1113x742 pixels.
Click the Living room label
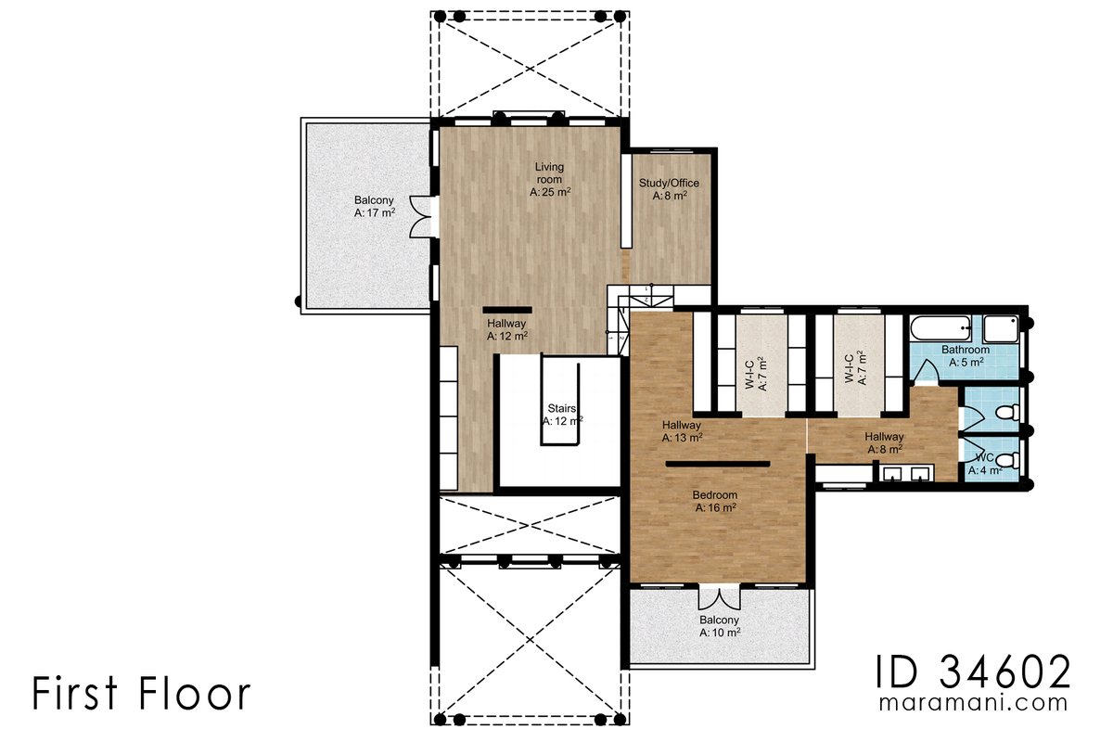549,180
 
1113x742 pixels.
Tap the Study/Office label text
669,189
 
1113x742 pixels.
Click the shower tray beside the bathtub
1000,329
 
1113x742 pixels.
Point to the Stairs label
562,414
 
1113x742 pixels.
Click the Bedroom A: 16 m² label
715,501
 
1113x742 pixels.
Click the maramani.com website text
973,704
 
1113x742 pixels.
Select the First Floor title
141,694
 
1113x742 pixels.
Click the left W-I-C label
756,374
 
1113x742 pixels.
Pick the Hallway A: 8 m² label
884,443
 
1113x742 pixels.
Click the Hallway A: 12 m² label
507,330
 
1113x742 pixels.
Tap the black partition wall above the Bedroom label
717,463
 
